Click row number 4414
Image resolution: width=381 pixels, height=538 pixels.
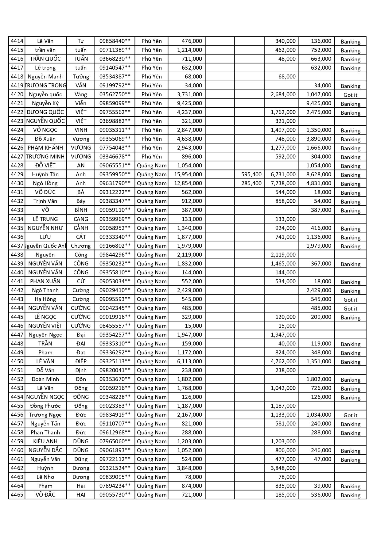[x=17, y=41]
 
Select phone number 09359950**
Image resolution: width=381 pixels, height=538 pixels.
[x=115, y=174]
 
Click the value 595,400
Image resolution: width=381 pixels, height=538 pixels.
[x=251, y=174]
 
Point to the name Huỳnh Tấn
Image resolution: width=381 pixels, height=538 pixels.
[x=45, y=174]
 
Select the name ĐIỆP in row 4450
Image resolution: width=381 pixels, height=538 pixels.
[x=81, y=361]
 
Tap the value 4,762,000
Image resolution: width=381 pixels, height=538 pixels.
[x=283, y=361]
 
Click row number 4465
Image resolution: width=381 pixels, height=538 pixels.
[x=17, y=495]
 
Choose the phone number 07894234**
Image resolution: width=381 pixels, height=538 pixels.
[x=115, y=486]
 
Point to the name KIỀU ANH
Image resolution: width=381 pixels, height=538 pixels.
[x=45, y=441]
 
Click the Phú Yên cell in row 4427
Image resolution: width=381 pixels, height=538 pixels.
[x=151, y=157]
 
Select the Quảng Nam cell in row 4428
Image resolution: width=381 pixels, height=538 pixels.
[x=152, y=166]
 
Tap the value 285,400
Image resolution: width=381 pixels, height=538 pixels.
[x=251, y=183]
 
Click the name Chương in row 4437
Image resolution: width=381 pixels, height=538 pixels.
[x=81, y=246]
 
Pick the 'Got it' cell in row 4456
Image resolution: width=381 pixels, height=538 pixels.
[x=350, y=415]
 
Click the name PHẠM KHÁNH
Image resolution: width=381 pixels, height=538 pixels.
[x=45, y=148]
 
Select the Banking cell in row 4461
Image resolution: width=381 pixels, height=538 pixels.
[x=350, y=460]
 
